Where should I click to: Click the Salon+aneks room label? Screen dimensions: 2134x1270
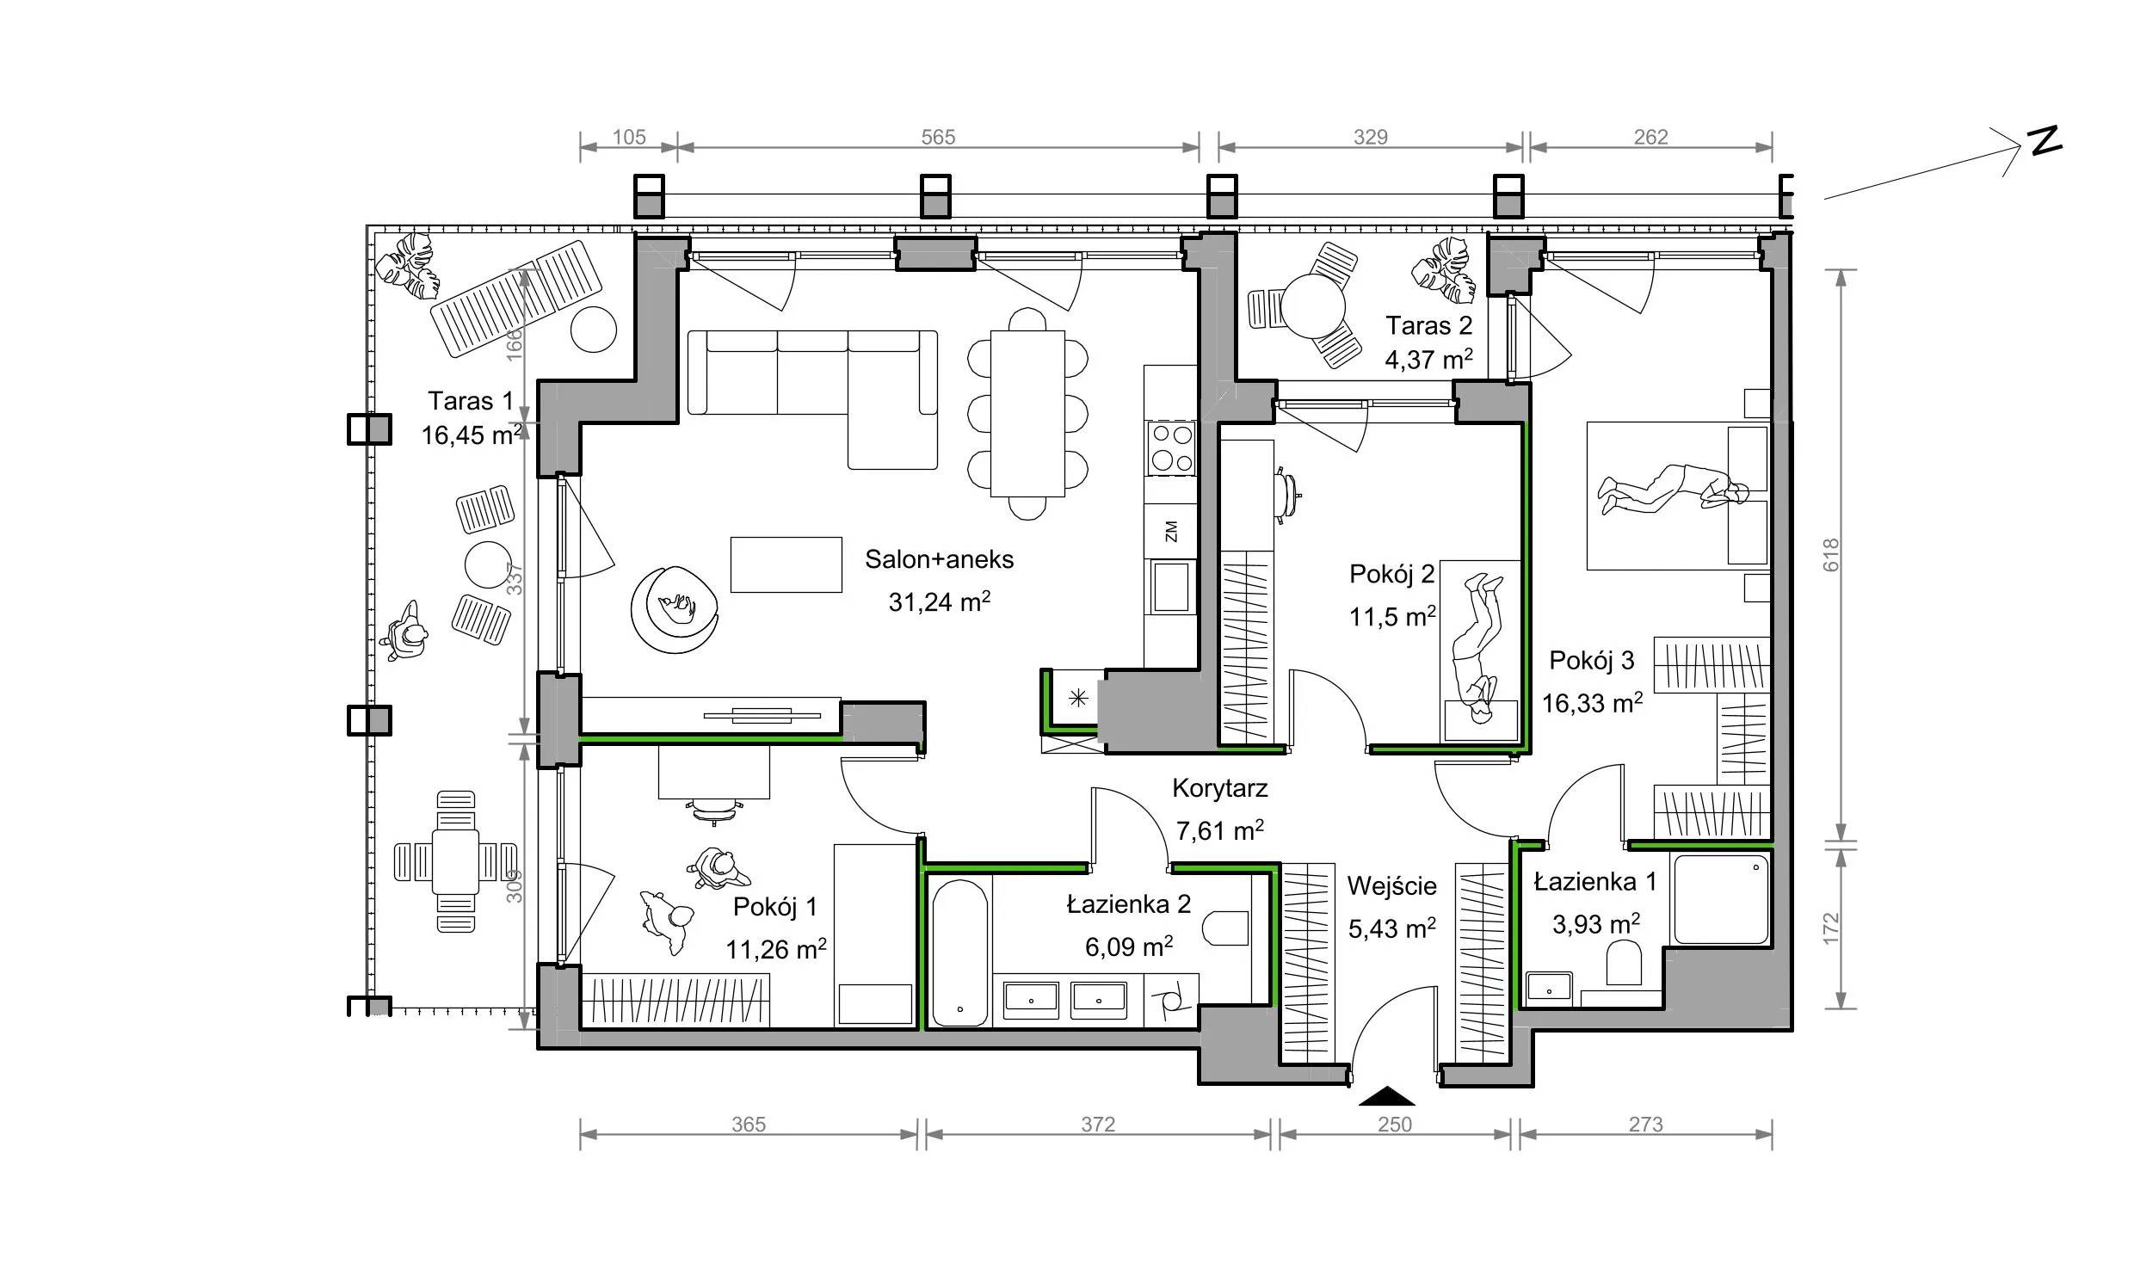point(939,559)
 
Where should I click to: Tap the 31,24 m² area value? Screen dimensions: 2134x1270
point(939,601)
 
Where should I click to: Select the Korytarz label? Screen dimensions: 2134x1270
point(1219,788)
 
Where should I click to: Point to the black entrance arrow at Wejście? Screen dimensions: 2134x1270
point(1386,1096)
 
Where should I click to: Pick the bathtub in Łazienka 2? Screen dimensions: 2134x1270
point(960,952)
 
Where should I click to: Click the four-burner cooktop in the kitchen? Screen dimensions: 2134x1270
point(1171,447)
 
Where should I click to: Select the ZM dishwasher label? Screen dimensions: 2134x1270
point(1170,532)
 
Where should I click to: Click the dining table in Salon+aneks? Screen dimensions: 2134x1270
point(1027,414)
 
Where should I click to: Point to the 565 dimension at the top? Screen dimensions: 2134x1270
point(938,137)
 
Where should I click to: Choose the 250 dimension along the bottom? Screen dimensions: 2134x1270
point(1395,1125)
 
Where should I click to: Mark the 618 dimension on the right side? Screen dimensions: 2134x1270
point(1830,554)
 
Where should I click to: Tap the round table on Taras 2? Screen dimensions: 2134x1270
point(1312,306)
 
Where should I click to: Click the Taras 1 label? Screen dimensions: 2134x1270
point(471,401)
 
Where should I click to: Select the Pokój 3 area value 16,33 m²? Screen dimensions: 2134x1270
point(1592,703)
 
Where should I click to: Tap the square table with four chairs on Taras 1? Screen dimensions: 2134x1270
point(455,861)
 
